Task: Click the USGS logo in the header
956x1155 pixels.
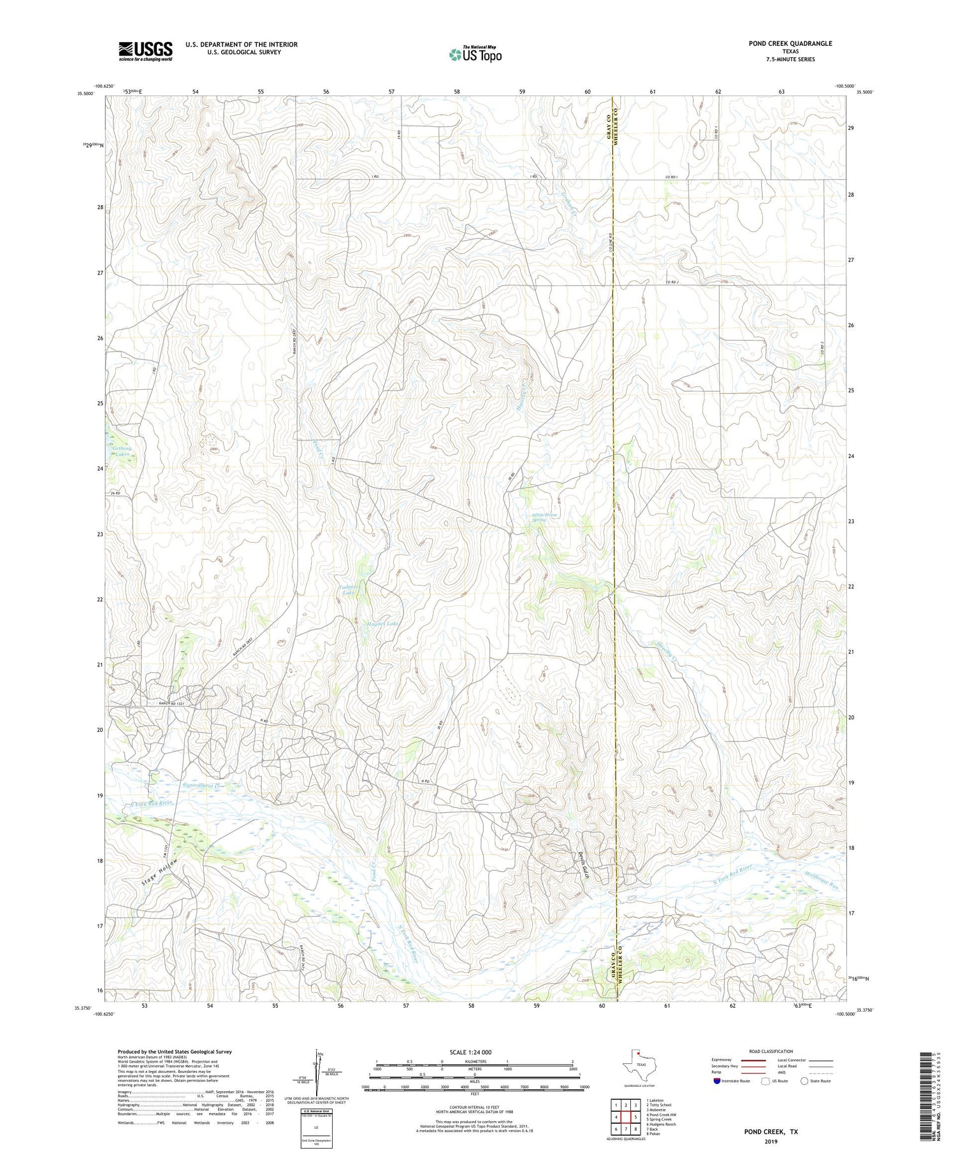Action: coord(145,51)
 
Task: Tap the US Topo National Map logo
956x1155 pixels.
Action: coord(475,54)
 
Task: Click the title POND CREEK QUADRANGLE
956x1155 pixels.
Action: coord(781,43)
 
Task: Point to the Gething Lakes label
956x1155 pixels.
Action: coord(121,450)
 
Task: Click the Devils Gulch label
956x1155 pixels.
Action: coord(582,865)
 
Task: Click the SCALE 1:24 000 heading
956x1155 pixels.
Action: coord(470,1052)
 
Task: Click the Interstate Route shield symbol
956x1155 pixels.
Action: coord(717,1081)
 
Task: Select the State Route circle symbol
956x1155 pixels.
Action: coord(805,1081)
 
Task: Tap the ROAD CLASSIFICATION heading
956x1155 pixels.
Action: coord(771,1051)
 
